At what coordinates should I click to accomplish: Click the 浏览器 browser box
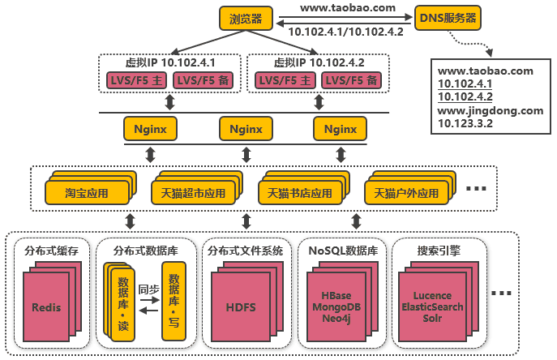[x=246, y=18]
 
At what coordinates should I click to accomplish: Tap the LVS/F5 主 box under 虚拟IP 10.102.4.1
[x=135, y=80]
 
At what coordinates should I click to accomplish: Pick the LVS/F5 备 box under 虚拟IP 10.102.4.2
[x=352, y=80]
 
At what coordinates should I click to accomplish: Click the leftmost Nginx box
[x=150, y=129]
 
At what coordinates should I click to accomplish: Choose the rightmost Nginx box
[x=341, y=129]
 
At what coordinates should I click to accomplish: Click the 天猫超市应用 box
[x=191, y=195]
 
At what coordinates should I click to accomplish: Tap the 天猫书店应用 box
[x=299, y=195]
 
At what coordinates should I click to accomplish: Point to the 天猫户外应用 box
[x=406, y=195]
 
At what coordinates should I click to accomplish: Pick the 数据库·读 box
[x=123, y=301]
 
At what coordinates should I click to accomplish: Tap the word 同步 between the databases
[x=149, y=289]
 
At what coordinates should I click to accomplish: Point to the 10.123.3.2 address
[x=466, y=123]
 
